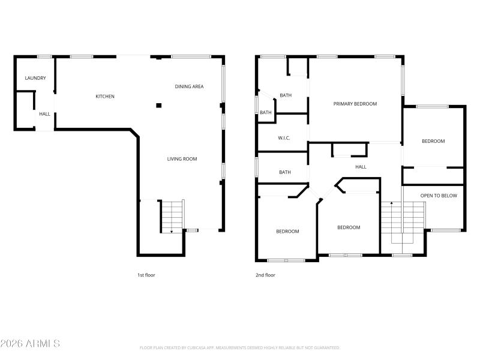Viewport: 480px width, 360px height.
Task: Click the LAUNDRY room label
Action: point(35,78)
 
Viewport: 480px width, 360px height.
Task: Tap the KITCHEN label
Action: point(105,96)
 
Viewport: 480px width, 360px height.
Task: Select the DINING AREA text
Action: point(189,86)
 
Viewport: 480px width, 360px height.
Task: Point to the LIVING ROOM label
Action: point(182,159)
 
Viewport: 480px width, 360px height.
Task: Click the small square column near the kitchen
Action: point(159,106)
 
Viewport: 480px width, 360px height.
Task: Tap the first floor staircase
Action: point(172,216)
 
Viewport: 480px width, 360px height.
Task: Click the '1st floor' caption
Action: point(146,275)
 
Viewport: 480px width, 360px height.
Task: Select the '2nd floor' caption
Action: point(265,275)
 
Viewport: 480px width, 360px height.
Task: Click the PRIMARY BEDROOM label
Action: point(355,104)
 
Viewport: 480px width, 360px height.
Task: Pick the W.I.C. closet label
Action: point(284,138)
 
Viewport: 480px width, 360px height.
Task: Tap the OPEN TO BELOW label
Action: point(439,196)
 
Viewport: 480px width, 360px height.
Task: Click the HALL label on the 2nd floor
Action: point(361,167)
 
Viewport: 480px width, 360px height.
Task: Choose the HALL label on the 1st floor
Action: point(45,114)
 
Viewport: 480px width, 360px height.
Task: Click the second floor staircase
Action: point(403,219)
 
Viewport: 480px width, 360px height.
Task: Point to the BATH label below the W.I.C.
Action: point(285,172)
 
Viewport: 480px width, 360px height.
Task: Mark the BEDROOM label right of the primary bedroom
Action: point(433,141)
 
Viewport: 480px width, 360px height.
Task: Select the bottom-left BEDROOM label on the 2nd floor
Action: point(287,231)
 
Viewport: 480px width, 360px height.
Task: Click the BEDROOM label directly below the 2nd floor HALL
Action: point(349,227)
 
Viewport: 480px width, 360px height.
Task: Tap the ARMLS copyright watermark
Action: point(30,344)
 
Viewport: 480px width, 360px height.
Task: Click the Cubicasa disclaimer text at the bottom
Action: point(240,347)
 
